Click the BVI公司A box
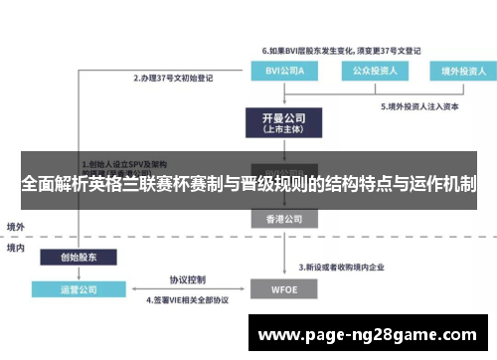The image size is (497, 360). tap(280, 72)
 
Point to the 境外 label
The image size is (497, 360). tap(16, 226)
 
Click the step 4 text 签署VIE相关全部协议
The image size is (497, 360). tap(188, 299)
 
